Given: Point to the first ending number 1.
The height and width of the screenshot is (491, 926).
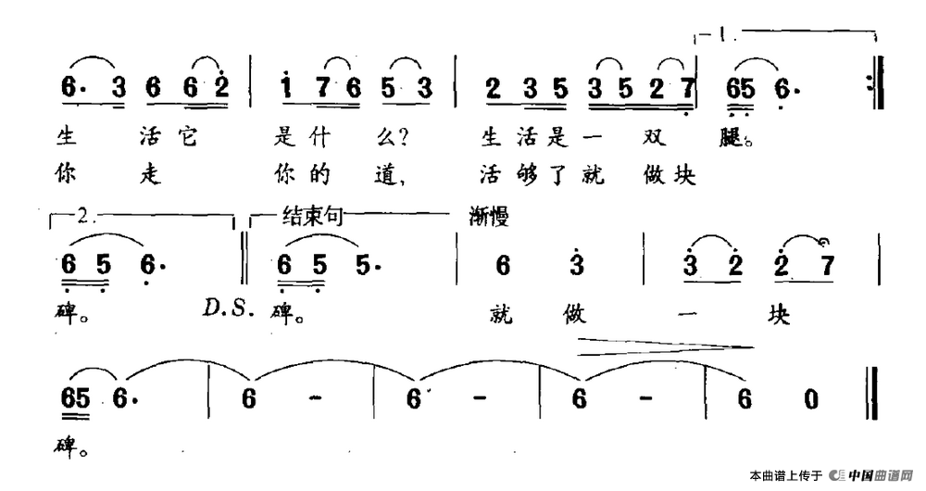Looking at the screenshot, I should [722, 37].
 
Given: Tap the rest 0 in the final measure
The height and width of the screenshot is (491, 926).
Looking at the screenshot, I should [811, 399].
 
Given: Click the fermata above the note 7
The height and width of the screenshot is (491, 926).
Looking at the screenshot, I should [824, 243].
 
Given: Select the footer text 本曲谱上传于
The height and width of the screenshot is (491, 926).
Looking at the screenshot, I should [786, 476].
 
